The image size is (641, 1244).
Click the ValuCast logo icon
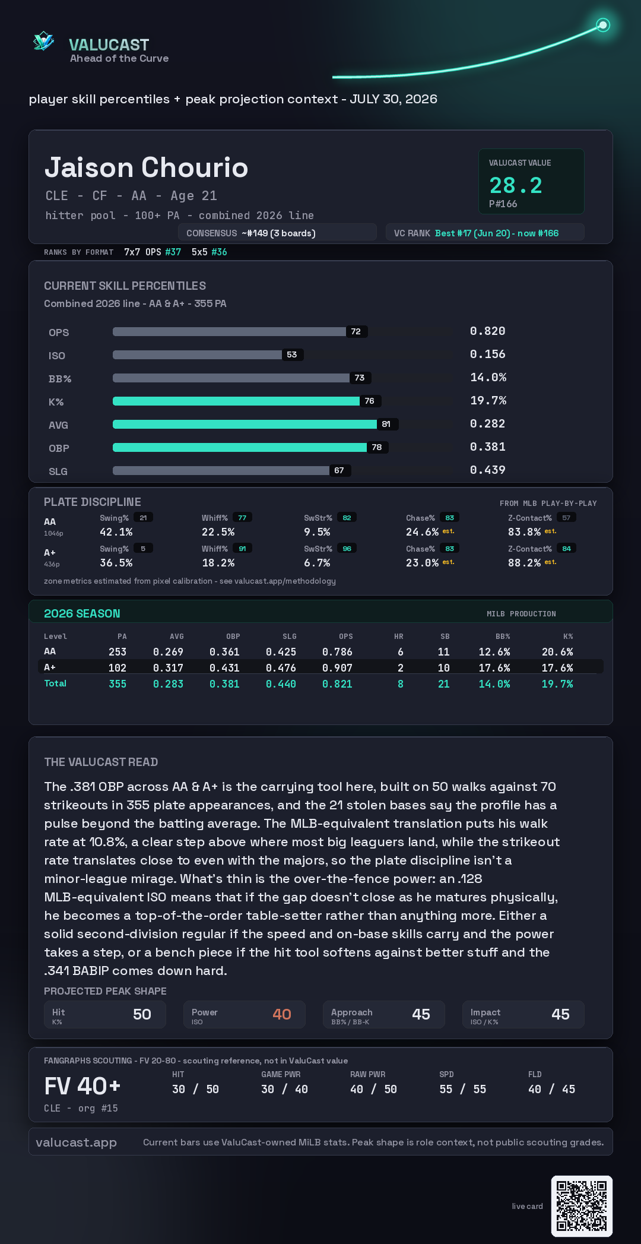pyautogui.click(x=43, y=41)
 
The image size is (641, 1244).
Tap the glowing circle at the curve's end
pyautogui.click(x=603, y=25)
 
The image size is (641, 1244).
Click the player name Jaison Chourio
pyautogui.click(x=146, y=167)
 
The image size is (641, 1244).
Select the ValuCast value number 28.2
pyautogui.click(x=516, y=185)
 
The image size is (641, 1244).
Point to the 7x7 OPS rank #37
pyautogui.click(x=173, y=252)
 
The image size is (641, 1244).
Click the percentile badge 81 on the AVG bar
pyautogui.click(x=386, y=424)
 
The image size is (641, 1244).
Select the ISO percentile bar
pyautogui.click(x=197, y=354)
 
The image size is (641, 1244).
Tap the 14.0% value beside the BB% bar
pyautogui.click(x=488, y=377)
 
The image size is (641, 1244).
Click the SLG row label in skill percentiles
pyautogui.click(x=58, y=471)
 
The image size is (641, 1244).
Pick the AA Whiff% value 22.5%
pyautogui.click(x=218, y=532)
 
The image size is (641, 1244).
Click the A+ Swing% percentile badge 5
pyautogui.click(x=143, y=549)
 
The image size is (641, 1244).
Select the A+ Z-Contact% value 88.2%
pyautogui.click(x=524, y=563)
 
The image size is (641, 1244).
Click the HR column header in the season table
pyautogui.click(x=399, y=637)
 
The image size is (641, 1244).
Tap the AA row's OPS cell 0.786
pyautogui.click(x=337, y=652)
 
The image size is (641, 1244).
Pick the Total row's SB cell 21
pyautogui.click(x=443, y=684)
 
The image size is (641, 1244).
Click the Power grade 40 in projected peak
pyautogui.click(x=282, y=1014)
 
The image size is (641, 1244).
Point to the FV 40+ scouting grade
pyautogui.click(x=82, y=1086)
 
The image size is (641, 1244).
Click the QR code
pyautogui.click(x=582, y=1206)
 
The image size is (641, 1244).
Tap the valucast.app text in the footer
pyautogui.click(x=76, y=1142)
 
